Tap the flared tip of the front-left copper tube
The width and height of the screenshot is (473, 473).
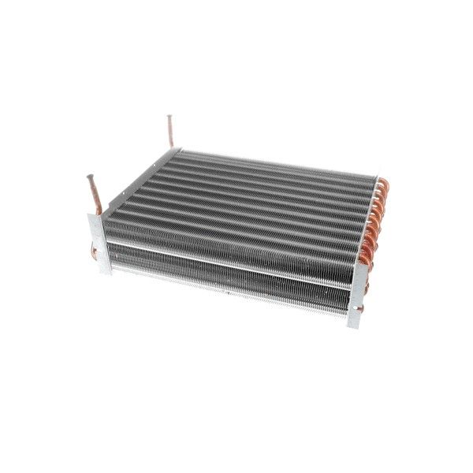91,179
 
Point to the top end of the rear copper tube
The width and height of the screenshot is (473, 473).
169,118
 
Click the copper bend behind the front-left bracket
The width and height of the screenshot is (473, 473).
94,252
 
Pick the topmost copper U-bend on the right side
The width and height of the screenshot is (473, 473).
384,186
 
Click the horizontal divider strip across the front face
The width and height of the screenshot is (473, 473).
229,263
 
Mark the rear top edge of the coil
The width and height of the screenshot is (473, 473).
276,163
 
